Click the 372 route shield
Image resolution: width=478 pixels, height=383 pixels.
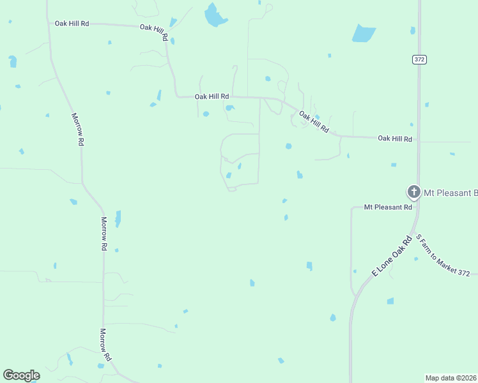[x=419, y=59]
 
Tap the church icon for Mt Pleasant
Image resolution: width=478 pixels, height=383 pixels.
[x=413, y=191]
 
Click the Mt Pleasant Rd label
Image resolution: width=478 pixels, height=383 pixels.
[x=389, y=207]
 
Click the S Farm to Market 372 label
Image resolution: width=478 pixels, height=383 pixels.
[x=443, y=255]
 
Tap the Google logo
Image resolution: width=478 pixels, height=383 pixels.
[x=21, y=375]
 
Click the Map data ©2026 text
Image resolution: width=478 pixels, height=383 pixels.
[x=451, y=378]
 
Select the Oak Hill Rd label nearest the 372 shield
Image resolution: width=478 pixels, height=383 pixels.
[x=395, y=138]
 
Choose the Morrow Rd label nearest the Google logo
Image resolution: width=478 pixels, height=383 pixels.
[x=105, y=345]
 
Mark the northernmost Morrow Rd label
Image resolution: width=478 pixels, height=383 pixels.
[x=77, y=130]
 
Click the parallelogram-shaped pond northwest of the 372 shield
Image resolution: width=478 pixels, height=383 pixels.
[x=364, y=33]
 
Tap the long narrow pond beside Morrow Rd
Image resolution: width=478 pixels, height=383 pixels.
[x=118, y=219]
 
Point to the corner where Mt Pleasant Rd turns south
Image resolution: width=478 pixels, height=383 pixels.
[x=352, y=208]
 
